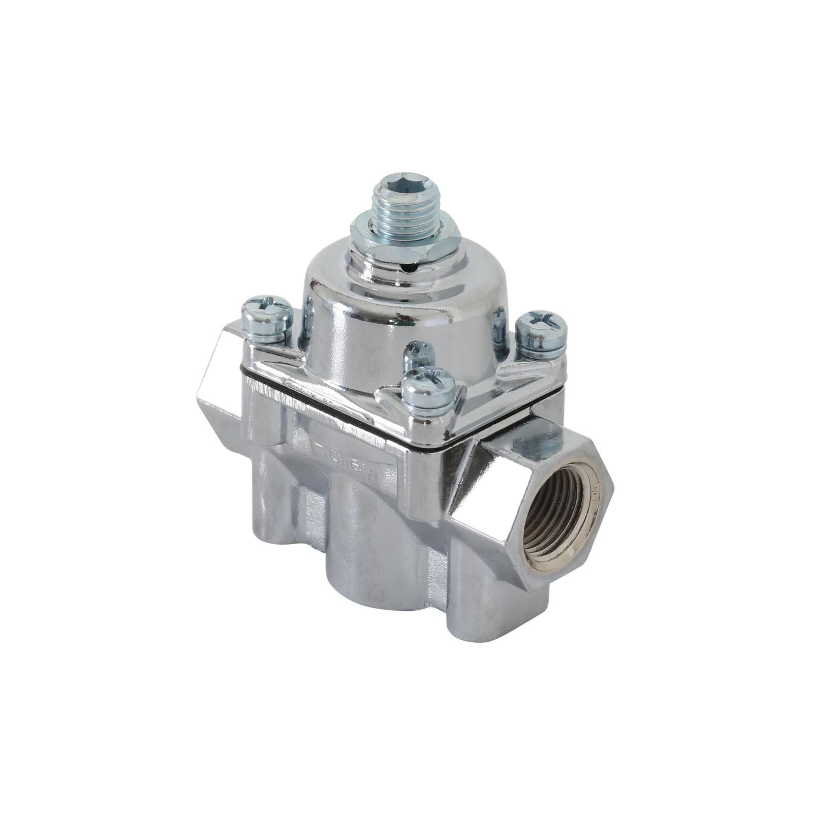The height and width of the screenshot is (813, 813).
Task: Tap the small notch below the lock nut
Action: click(x=415, y=265)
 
